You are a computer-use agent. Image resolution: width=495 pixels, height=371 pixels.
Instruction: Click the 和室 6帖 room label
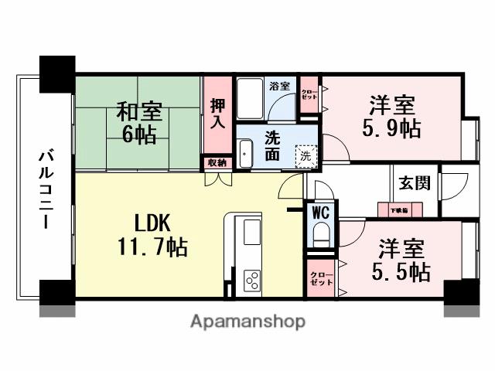click(139, 122)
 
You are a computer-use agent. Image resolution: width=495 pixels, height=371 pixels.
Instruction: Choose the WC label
click(320, 211)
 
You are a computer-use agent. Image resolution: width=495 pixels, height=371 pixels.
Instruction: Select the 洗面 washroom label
click(273, 145)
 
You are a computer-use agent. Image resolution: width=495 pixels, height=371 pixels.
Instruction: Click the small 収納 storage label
click(217, 162)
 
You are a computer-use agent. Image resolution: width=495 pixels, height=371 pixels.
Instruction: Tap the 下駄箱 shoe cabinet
click(399, 209)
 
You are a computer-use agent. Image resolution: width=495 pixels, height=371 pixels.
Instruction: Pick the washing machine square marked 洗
click(306, 155)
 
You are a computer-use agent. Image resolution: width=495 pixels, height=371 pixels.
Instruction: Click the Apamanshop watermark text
click(247, 321)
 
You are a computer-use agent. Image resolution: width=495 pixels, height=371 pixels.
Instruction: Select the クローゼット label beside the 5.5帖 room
click(321, 279)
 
